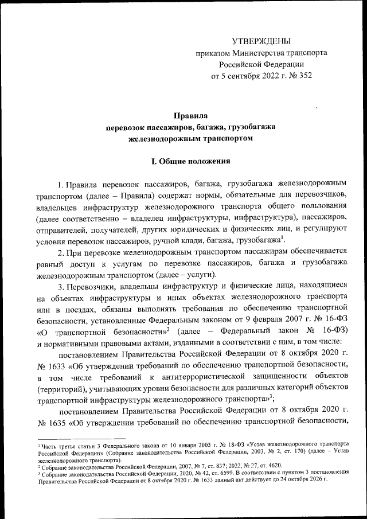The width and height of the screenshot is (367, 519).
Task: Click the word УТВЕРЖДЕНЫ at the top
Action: pos(261,41)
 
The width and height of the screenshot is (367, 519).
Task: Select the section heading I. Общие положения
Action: pos(190,161)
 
